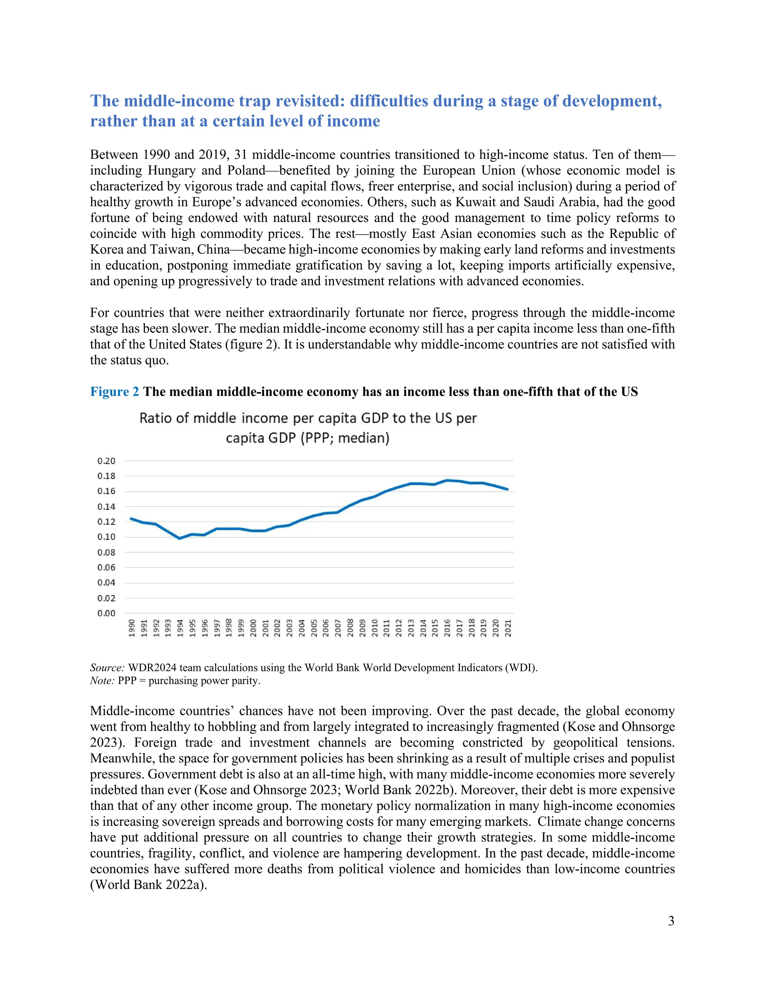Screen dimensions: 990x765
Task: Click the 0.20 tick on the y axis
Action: pos(106,461)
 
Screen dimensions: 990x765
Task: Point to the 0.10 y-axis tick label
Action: pos(106,537)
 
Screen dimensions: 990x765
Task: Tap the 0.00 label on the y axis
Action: pos(106,613)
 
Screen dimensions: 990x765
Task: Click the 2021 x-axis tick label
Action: pos(508,628)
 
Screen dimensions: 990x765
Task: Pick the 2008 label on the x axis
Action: pos(350,628)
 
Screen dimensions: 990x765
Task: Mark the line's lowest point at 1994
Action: pos(180,538)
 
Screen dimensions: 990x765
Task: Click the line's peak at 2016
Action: pos(447,480)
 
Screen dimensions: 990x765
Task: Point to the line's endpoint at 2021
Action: pos(508,489)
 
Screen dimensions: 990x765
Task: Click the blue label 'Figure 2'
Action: pos(115,392)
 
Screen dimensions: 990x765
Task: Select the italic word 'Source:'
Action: pos(108,668)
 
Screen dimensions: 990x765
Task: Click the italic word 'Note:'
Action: pos(102,681)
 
